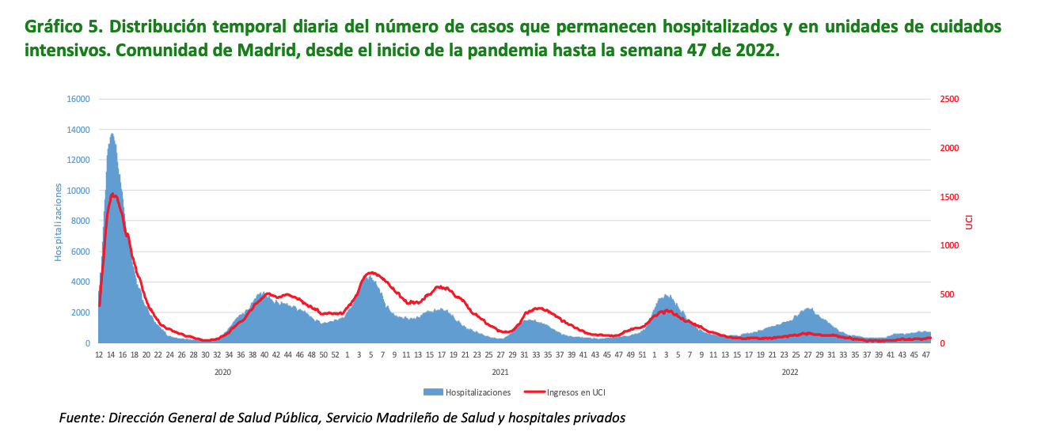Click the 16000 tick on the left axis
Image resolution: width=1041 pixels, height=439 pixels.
78,99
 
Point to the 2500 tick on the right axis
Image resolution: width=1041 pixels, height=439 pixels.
949,99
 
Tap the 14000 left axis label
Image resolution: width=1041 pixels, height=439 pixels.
78,130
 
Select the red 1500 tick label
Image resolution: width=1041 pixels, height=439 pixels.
949,197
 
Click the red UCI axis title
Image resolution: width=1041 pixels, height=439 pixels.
969,221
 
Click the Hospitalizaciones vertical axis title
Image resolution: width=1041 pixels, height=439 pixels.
58,221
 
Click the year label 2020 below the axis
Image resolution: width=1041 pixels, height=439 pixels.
222,372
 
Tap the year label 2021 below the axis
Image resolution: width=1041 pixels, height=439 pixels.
500,372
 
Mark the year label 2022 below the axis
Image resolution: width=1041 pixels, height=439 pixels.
789,372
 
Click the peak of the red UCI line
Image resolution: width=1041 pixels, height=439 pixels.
113,194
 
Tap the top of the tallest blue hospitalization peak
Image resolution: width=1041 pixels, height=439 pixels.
112,134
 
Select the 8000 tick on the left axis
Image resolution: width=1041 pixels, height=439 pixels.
80,221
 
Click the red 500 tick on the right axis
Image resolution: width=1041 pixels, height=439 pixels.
946,294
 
